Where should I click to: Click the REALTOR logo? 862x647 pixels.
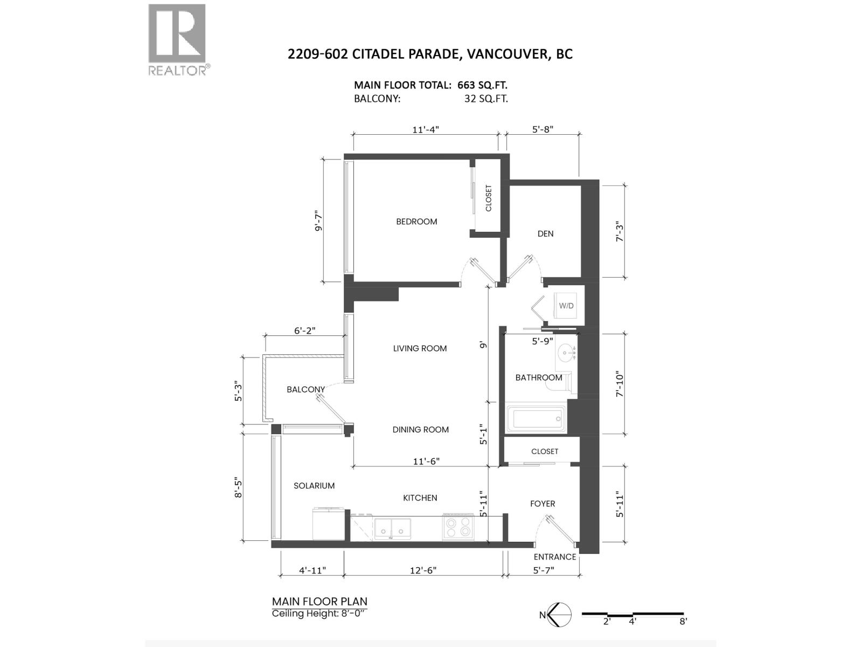point(179,40)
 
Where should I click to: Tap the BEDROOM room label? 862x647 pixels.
point(416,222)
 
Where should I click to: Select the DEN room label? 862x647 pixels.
point(545,234)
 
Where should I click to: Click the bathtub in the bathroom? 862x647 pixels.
point(536,419)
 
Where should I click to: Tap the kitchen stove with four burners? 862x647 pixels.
point(458,526)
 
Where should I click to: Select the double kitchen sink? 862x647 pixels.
point(392,528)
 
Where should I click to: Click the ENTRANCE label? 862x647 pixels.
point(554,556)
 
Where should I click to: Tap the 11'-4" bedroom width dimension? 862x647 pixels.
point(425,129)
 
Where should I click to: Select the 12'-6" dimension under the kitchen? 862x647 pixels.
point(423,570)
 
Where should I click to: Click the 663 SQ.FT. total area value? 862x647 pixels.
point(482,85)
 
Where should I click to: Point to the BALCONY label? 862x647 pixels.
point(305,389)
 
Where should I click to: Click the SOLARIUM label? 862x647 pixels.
point(314,486)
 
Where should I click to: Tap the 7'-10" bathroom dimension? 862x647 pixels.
point(620,384)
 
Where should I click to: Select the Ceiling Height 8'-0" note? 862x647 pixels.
point(320,614)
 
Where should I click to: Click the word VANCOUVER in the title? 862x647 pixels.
point(504,54)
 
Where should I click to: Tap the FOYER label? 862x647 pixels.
point(543,504)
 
